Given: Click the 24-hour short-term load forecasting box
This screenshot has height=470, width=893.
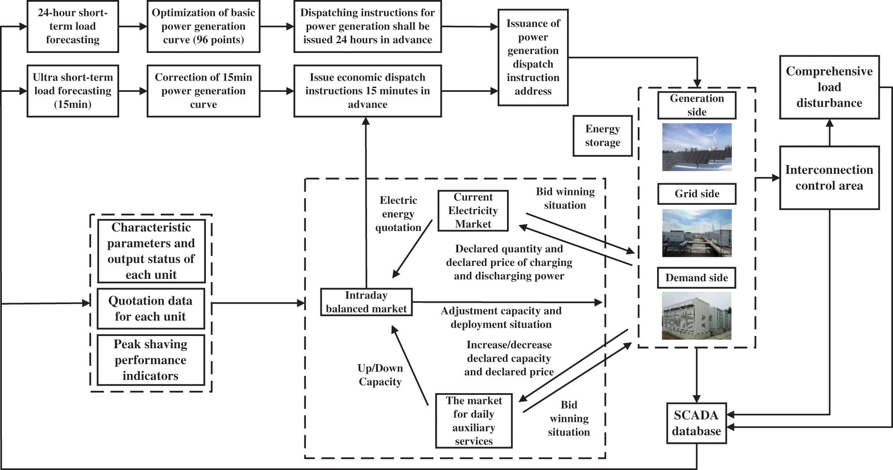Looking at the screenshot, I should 73,27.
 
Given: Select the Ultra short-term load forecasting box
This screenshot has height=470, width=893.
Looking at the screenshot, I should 73,91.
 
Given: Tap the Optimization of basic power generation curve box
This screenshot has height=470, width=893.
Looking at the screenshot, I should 203,27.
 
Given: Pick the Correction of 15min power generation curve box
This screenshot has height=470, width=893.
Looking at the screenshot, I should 203,91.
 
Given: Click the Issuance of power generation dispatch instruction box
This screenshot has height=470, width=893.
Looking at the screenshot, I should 533,57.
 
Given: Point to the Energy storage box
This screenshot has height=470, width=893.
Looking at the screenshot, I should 602,136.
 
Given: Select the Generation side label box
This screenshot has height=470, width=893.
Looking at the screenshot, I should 696,105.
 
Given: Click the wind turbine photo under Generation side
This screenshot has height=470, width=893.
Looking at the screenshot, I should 696,147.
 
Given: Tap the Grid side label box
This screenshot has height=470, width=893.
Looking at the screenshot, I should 696,194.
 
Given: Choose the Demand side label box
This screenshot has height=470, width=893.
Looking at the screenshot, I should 696,278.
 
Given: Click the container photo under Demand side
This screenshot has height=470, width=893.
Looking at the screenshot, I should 696,315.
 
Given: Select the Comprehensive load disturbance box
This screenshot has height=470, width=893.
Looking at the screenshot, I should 829,87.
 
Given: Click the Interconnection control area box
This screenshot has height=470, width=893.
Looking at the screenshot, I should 829,178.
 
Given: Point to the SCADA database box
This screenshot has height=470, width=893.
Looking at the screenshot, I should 696,423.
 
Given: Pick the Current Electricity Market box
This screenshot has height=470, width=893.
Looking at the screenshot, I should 473,211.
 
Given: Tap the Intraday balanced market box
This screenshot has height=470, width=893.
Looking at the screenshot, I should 366,302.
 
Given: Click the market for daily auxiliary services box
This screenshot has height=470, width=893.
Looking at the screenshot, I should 473,421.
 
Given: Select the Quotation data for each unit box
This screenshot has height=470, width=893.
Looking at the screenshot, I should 151,309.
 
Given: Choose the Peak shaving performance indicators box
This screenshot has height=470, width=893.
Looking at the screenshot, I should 151,360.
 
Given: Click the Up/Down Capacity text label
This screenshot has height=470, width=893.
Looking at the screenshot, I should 380,375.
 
